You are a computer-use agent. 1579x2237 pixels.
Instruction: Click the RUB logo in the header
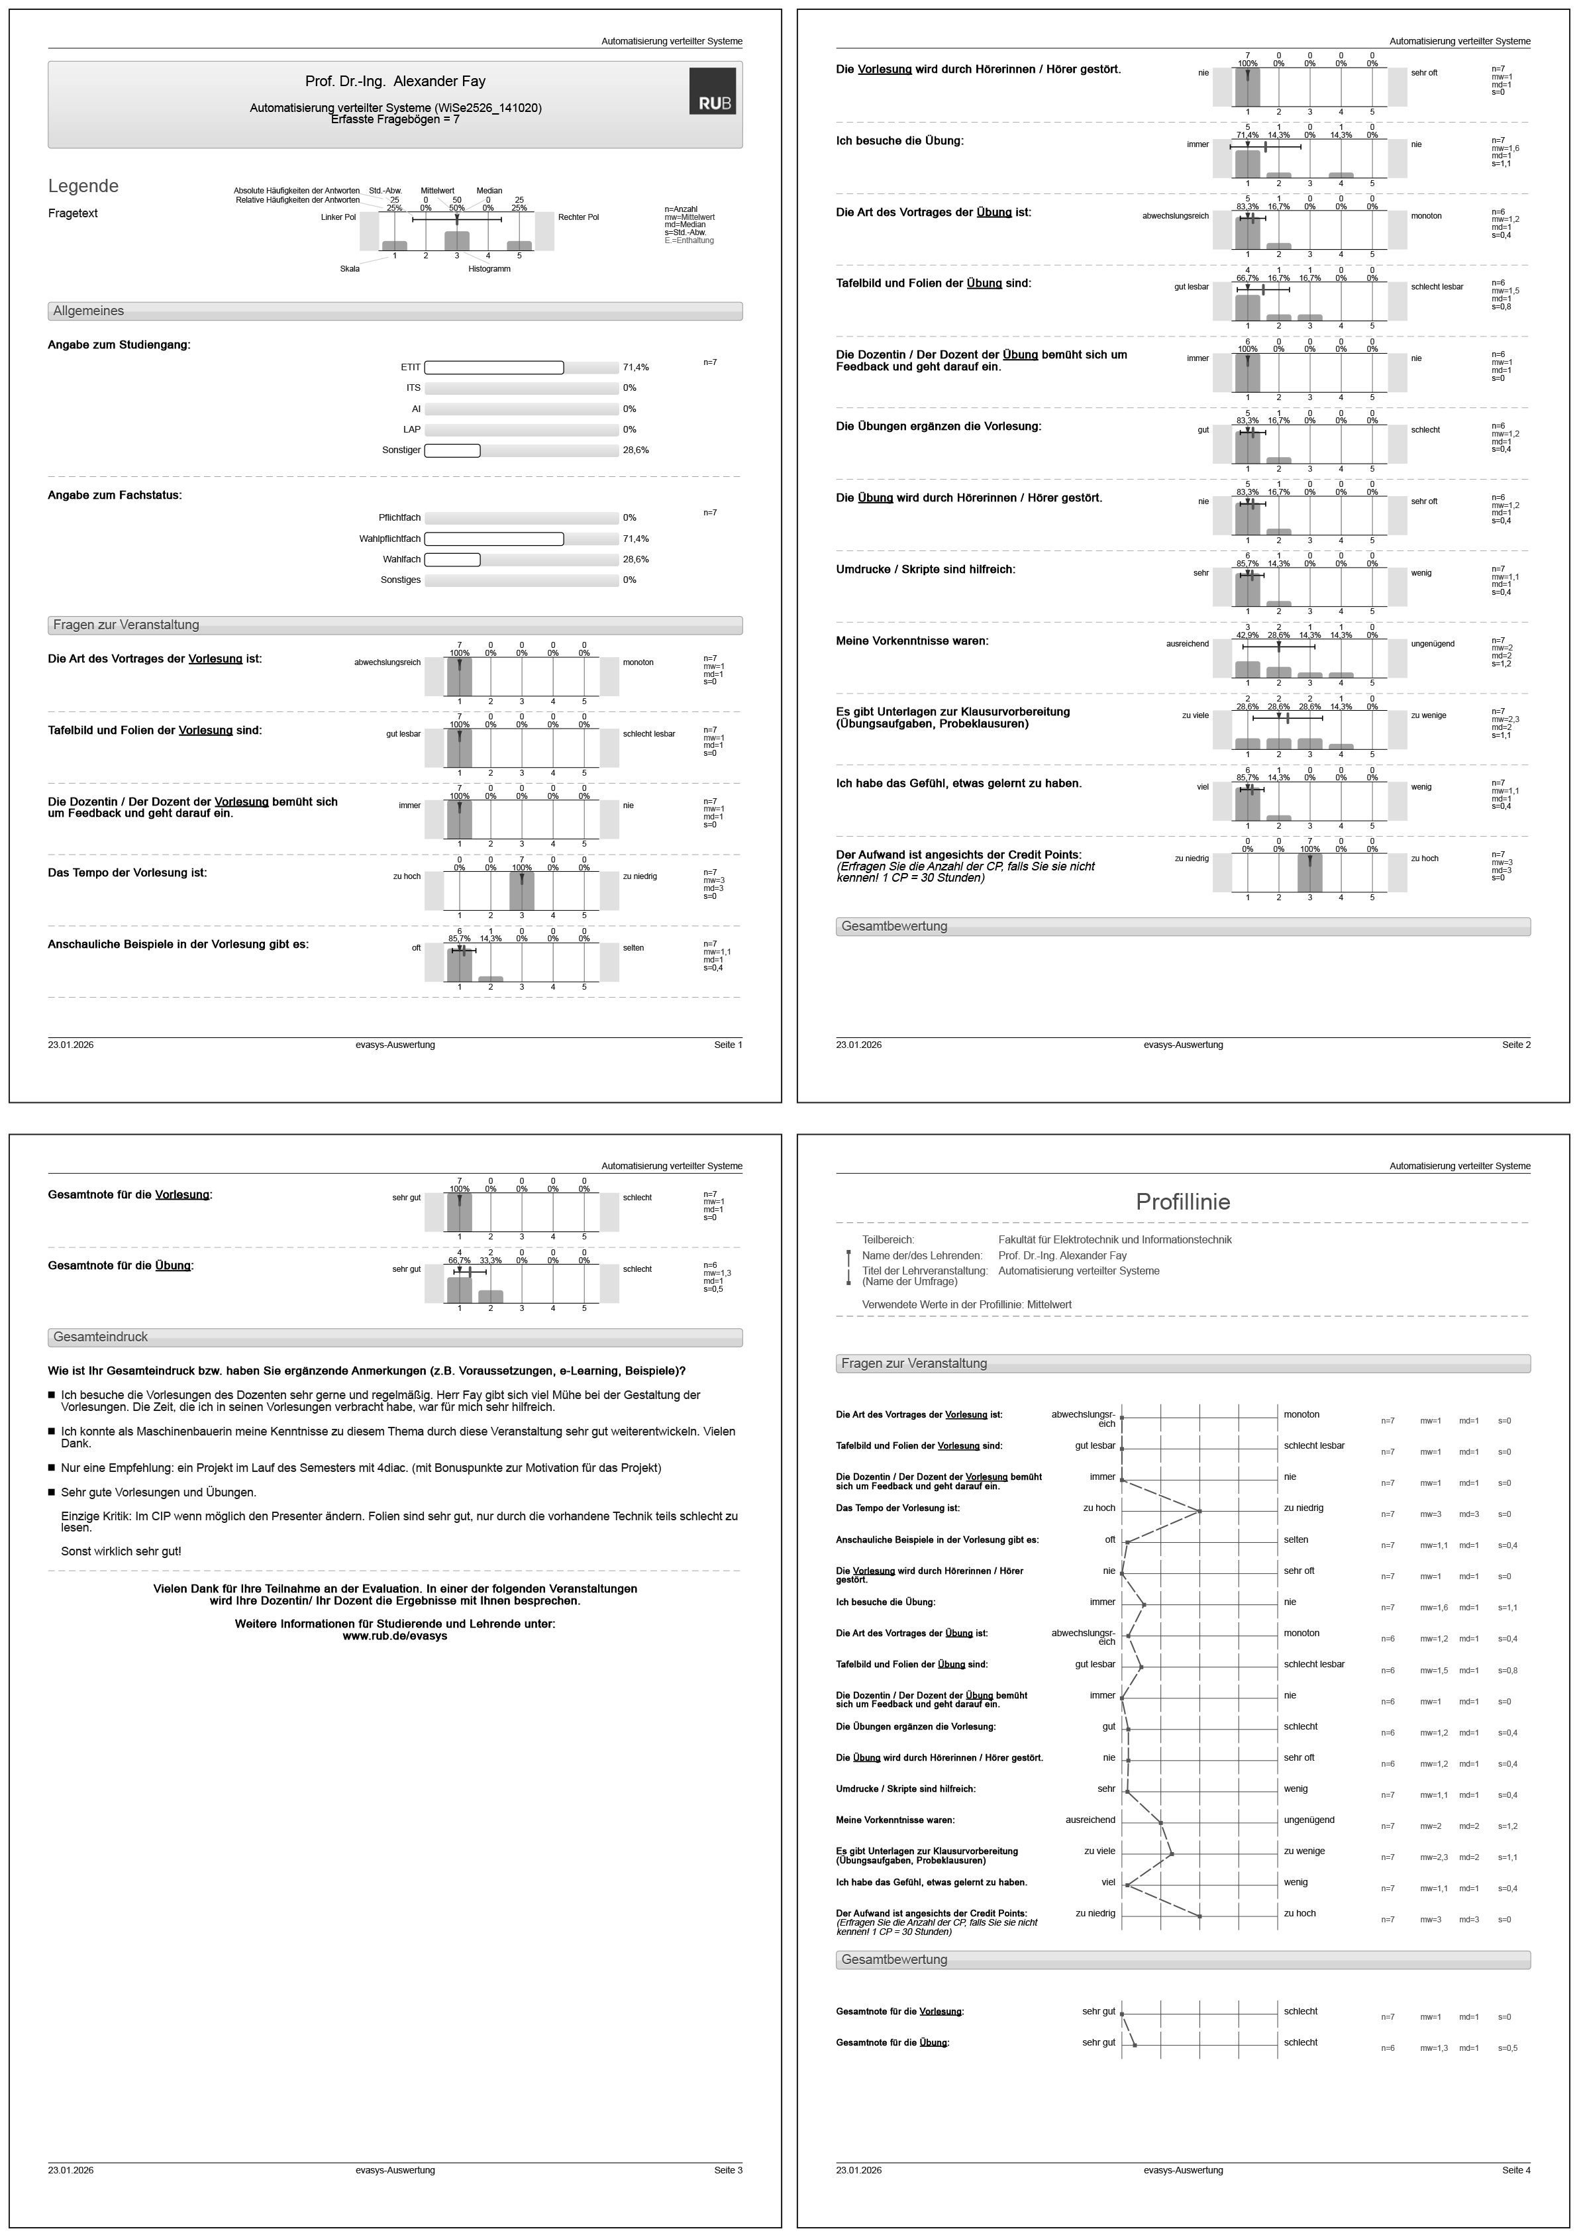click(712, 91)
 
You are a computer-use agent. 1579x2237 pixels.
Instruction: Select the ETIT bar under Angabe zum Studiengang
click(494, 367)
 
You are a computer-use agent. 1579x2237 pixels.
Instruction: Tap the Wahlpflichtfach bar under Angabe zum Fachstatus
click(494, 539)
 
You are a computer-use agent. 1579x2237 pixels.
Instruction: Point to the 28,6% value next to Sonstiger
click(635, 450)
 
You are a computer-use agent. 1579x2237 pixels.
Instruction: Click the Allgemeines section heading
click(89, 311)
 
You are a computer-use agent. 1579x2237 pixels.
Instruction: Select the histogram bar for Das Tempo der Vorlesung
click(522, 890)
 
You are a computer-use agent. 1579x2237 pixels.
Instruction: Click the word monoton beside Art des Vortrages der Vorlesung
click(638, 662)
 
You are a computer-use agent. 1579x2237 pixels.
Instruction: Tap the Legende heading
click(83, 186)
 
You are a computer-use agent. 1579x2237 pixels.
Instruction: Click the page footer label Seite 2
click(1515, 1045)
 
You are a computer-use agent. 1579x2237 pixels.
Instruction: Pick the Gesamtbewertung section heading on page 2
click(894, 925)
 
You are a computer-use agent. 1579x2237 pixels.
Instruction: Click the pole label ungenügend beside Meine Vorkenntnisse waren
click(1433, 644)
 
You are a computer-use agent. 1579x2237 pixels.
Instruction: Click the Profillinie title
click(1182, 1202)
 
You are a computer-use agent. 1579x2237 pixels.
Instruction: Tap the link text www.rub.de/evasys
click(395, 1636)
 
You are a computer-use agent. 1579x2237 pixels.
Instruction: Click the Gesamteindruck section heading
click(100, 1337)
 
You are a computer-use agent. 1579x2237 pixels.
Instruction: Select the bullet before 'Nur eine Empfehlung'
click(52, 1467)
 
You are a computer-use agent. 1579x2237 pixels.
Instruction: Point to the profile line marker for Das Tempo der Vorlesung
click(1200, 1511)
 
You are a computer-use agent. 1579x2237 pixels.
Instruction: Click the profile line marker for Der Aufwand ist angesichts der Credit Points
click(1200, 1916)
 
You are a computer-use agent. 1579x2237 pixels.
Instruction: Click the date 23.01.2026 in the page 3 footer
click(71, 2170)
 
